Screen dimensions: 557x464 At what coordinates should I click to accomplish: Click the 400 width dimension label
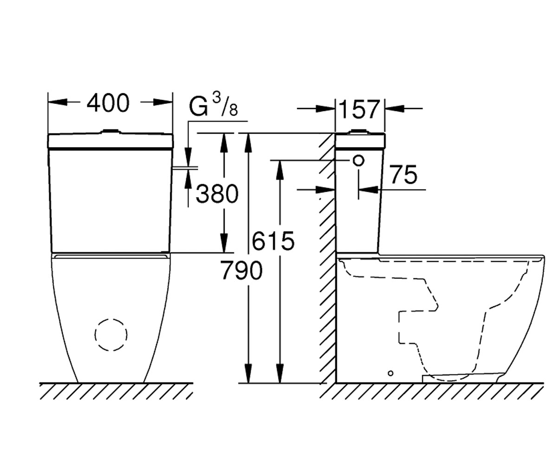pos(108,103)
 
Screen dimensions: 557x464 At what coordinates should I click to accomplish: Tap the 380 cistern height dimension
pos(217,194)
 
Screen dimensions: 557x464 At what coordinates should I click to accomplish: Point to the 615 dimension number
pos(273,241)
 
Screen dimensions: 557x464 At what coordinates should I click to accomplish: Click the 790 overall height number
pos(241,271)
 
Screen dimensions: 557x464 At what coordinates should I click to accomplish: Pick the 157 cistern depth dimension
pos(359,110)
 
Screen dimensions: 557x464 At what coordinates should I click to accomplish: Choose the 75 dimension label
pos(404,174)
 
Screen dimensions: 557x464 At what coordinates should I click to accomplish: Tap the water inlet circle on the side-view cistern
pos(358,161)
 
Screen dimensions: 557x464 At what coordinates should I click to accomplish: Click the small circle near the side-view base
pos(390,374)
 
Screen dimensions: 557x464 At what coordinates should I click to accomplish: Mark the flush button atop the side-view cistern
pos(359,131)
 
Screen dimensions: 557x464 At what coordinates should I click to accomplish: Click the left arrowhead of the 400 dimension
pos(58,102)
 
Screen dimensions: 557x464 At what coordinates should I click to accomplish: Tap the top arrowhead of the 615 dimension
pos(279,170)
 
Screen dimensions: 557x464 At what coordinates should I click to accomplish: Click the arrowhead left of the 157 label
pos(325,109)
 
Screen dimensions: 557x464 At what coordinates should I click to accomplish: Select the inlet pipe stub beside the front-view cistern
pos(185,168)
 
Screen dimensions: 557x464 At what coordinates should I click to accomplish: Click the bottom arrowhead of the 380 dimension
pos(224,243)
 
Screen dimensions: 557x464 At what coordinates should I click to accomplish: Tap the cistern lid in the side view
pos(360,141)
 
